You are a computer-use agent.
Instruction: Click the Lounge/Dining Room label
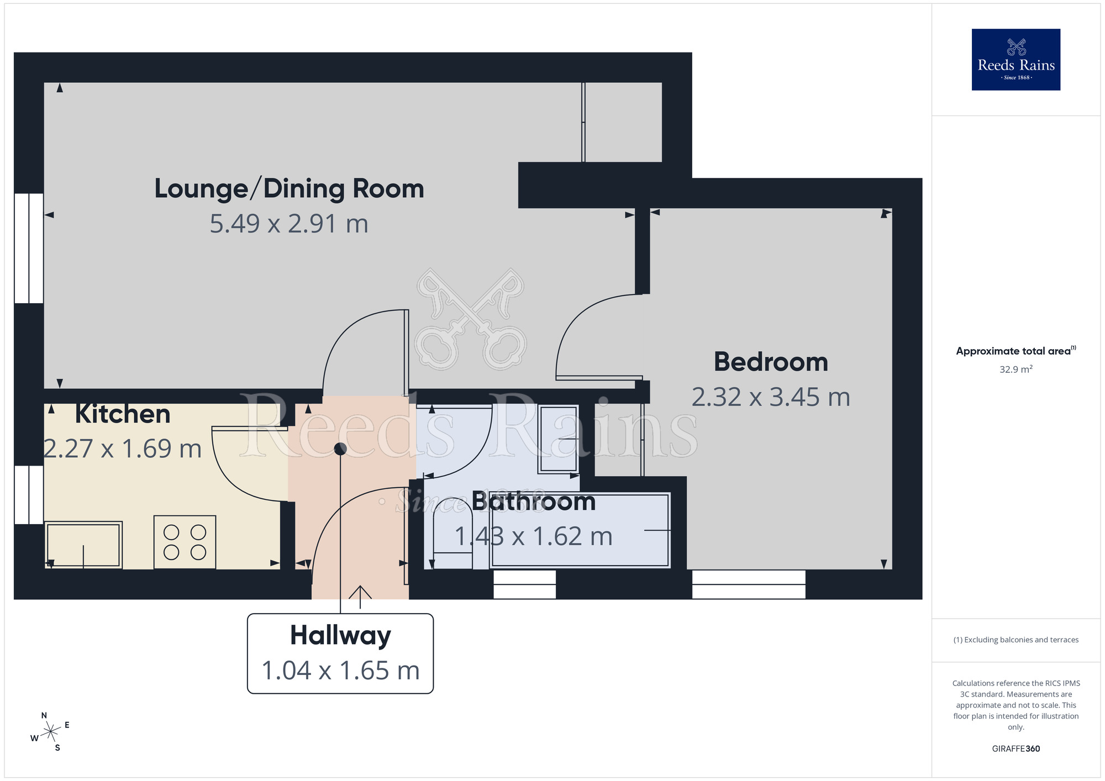click(289, 189)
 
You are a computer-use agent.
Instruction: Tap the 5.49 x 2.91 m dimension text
click(289, 224)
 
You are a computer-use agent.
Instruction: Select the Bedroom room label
click(771, 362)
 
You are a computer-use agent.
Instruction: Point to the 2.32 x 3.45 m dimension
click(771, 398)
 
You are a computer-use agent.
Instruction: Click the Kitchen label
click(123, 414)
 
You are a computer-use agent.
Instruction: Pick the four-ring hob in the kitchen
click(185, 542)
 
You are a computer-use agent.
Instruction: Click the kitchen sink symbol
click(83, 545)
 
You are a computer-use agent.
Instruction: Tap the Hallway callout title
click(340, 635)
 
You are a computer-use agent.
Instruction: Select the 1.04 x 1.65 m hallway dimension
click(340, 671)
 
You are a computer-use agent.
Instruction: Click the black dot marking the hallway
click(340, 449)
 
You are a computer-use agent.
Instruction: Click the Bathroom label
click(533, 502)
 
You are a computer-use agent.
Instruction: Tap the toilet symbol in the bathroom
click(453, 533)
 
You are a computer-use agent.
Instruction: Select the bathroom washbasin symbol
click(559, 439)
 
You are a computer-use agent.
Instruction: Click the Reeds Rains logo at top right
click(1015, 60)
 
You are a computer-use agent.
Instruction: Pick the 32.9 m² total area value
click(1015, 370)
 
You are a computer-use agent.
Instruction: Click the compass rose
click(50, 732)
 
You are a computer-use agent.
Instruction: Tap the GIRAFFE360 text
click(1015, 749)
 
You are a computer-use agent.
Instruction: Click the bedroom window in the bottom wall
click(749, 584)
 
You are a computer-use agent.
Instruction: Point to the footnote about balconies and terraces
click(1015, 640)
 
